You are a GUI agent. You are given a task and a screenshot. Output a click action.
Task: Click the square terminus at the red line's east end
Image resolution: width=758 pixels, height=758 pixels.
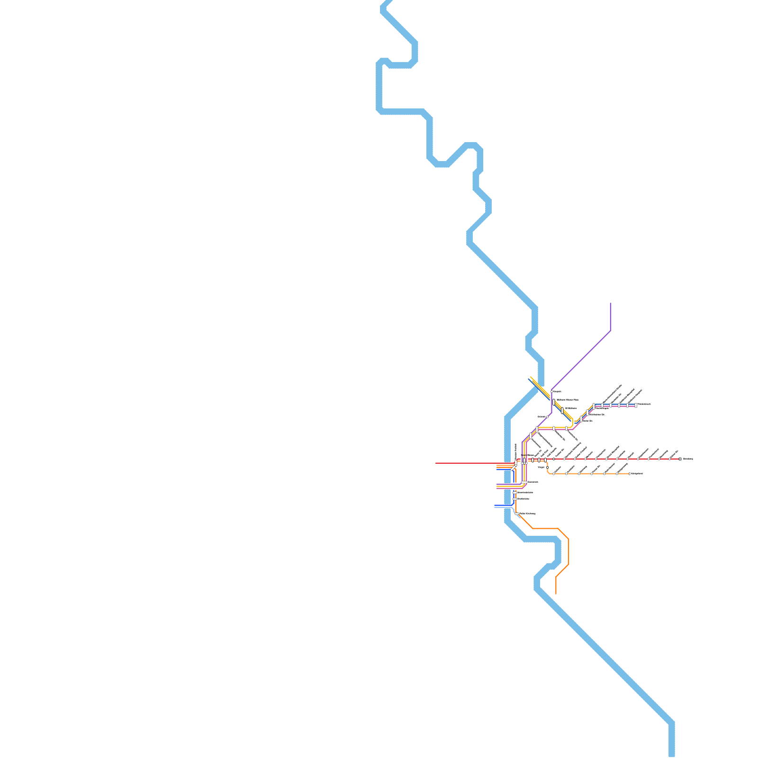[x=680, y=459]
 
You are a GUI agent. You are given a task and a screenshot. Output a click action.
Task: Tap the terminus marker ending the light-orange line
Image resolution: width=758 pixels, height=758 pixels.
[x=629, y=473]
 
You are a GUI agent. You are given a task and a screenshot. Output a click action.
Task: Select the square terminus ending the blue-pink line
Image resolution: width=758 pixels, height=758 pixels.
[x=636, y=405]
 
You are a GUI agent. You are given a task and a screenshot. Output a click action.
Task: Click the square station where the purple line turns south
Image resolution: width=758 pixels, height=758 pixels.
[x=552, y=391]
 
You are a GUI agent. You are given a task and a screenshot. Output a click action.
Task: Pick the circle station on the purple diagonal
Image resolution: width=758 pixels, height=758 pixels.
[x=547, y=417]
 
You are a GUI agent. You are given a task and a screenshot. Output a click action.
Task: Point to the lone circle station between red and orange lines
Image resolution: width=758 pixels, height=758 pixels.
[x=547, y=467]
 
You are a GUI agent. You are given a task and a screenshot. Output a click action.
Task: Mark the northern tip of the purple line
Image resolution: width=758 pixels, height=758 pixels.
[x=610, y=303]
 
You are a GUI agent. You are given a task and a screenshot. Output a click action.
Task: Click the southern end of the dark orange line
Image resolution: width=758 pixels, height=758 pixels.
[x=556, y=593]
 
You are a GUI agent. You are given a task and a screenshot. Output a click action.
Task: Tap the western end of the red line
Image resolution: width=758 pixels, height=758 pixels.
[x=436, y=463]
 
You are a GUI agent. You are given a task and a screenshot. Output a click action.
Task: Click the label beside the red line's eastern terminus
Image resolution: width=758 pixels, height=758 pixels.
[x=687, y=459]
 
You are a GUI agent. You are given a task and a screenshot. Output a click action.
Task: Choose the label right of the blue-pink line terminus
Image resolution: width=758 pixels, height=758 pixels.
[x=644, y=404]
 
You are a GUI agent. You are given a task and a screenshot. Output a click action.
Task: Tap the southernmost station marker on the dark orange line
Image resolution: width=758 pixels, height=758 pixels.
[x=517, y=514]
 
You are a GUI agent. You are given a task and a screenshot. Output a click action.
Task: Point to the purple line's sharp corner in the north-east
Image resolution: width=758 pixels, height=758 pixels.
[x=610, y=331]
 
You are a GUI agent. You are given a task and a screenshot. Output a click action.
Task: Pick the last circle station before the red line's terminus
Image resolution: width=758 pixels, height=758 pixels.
[x=669, y=459]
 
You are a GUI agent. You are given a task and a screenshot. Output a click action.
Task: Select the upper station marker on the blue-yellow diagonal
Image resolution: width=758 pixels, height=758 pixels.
[x=553, y=402]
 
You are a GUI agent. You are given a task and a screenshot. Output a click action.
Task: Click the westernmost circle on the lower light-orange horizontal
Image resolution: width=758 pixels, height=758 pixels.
[x=553, y=473]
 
